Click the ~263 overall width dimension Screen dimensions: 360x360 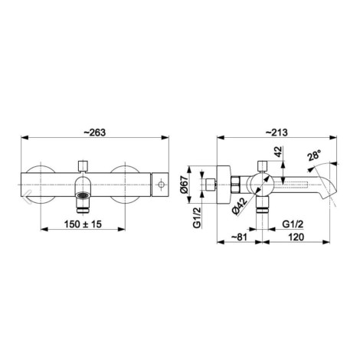pyautogui.click(x=95, y=133)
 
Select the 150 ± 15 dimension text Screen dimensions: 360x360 pyautogui.click(x=83, y=224)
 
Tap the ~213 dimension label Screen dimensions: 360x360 pyautogui.click(x=277, y=133)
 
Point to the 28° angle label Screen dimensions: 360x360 pyautogui.click(x=315, y=155)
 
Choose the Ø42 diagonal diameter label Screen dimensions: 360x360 pyautogui.click(x=240, y=206)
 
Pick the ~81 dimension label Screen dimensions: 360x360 pyautogui.click(x=239, y=237)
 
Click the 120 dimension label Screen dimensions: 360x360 pyautogui.click(x=296, y=237)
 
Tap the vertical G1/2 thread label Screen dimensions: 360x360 pyautogui.click(x=197, y=218)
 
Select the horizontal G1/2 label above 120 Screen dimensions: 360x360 pyautogui.click(x=293, y=224)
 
